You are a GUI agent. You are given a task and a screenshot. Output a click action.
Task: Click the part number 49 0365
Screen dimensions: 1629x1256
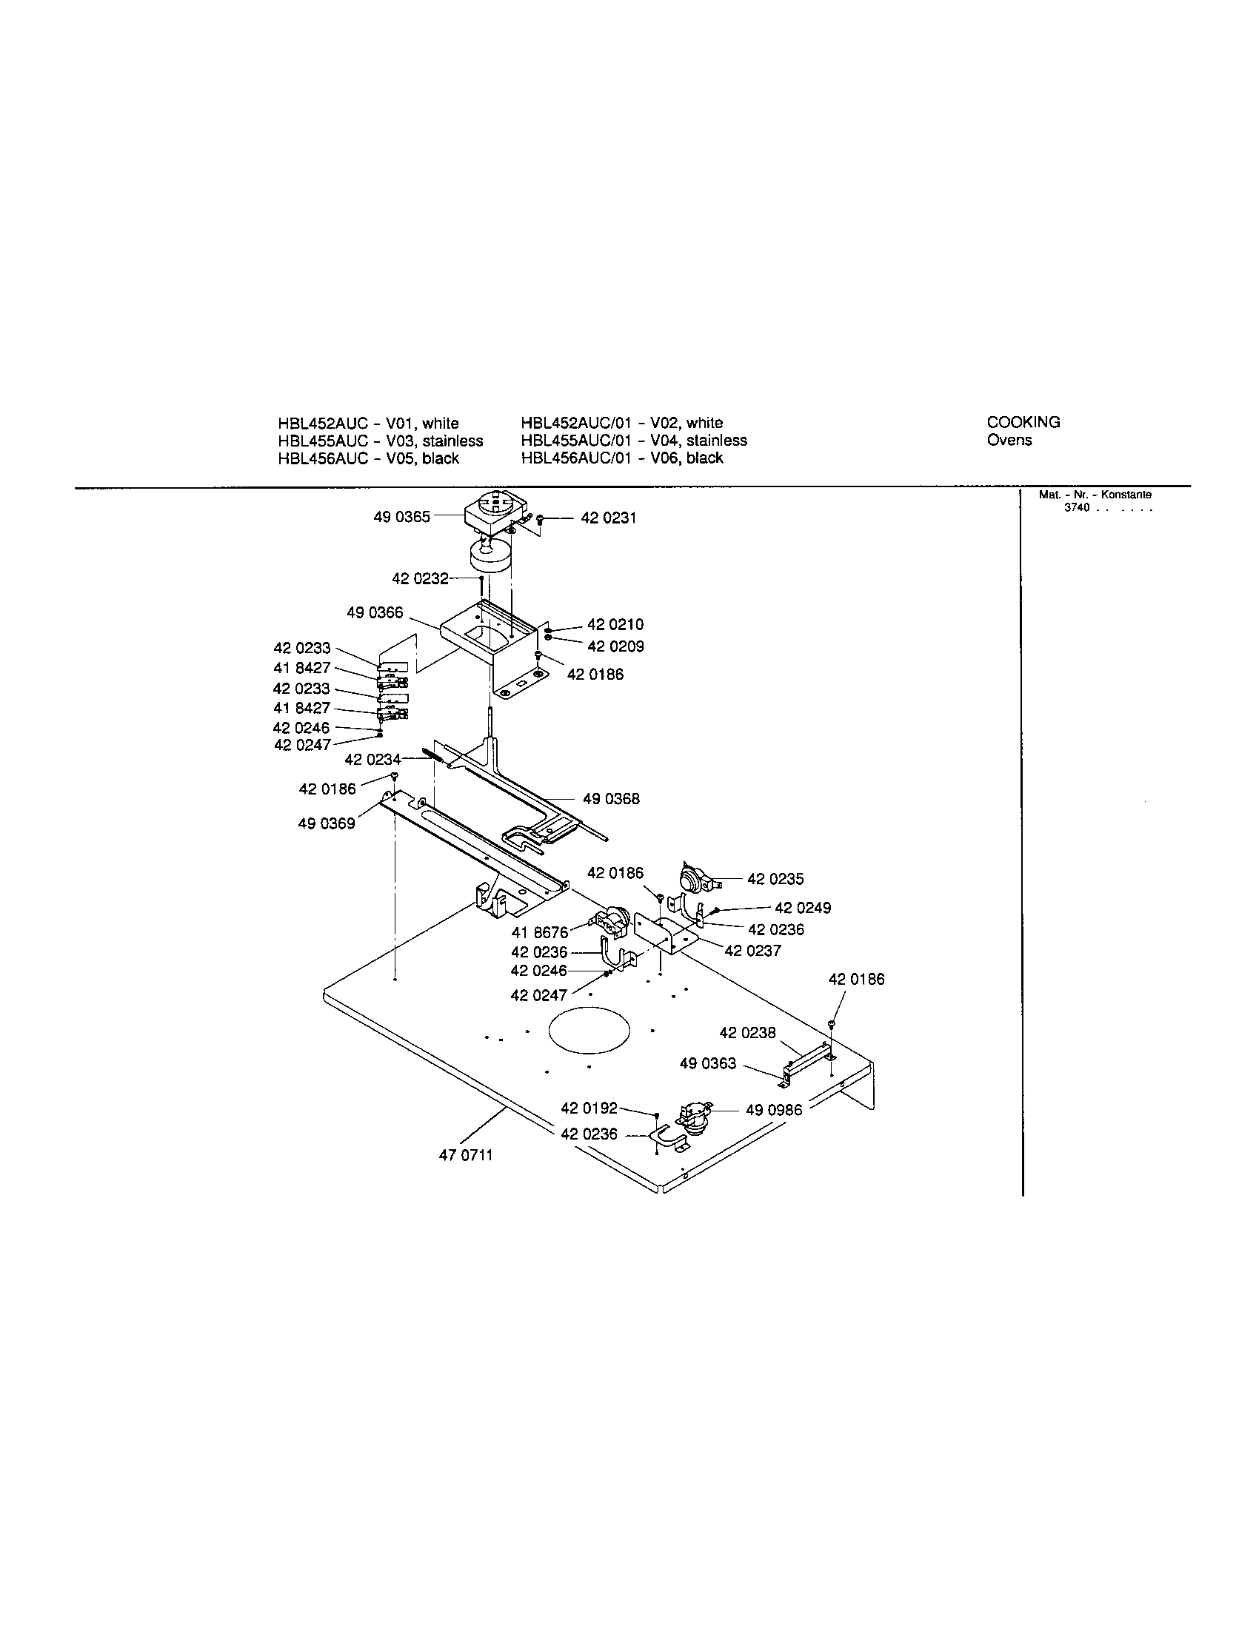pos(401,517)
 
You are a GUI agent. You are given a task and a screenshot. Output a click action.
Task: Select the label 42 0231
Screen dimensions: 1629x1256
pos(609,518)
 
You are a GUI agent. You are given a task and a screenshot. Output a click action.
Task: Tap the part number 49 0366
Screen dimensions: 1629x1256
pos(375,612)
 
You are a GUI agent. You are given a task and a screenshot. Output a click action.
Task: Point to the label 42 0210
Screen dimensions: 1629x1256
pos(615,624)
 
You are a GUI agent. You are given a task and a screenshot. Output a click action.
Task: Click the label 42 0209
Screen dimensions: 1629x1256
pos(615,646)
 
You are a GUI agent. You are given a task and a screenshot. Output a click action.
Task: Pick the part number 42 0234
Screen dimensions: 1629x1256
pos(373,759)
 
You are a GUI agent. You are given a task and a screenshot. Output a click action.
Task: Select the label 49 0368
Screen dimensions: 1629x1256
pos(611,799)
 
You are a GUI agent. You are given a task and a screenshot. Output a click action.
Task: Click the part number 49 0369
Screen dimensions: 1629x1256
pos(327,823)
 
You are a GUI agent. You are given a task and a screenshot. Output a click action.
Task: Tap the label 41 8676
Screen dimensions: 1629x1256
pos(539,932)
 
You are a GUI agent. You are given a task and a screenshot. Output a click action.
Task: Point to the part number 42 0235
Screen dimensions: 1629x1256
pos(775,879)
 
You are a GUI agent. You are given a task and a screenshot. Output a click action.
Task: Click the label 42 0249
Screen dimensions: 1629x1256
pos(803,908)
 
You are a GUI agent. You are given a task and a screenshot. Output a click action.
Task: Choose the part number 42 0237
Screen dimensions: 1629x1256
pos(752,951)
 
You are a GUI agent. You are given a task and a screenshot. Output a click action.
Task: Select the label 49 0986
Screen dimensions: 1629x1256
pos(774,1110)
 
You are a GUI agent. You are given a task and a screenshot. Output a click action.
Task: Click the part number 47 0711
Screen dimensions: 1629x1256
pos(465,1155)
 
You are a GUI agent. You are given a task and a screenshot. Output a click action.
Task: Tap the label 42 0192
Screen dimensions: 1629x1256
pos(589,1108)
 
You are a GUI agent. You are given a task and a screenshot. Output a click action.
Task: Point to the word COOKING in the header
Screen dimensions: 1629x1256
pos(1023,422)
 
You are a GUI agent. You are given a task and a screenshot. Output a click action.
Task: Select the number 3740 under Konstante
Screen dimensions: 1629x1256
pos(1077,507)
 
